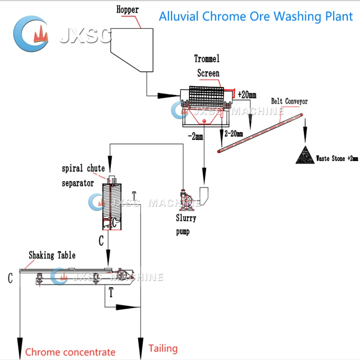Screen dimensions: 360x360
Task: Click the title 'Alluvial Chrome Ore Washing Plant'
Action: click(x=256, y=16)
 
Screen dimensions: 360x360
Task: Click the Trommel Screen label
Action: click(x=207, y=66)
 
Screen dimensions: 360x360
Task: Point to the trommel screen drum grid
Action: click(x=206, y=96)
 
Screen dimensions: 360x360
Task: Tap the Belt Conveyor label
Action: click(x=289, y=101)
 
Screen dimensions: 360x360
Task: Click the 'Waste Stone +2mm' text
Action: click(x=337, y=158)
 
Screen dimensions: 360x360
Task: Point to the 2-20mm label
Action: click(x=233, y=134)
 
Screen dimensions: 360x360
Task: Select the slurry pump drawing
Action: click(x=185, y=200)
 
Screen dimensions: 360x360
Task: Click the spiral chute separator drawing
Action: click(x=111, y=205)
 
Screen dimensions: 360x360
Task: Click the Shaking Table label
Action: click(x=52, y=255)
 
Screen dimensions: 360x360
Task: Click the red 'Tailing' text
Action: click(x=163, y=348)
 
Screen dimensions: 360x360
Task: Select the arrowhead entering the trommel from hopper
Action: click(x=167, y=95)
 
